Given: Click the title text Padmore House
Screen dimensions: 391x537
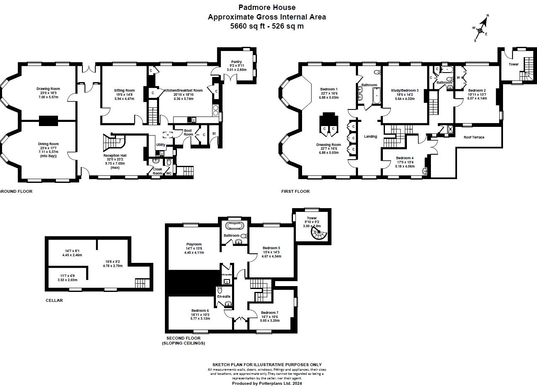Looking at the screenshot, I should [266, 7].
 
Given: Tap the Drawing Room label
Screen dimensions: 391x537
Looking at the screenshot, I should [48, 89].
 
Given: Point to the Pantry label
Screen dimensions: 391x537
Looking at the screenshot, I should [236, 62].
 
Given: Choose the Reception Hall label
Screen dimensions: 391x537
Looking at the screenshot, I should [114, 155].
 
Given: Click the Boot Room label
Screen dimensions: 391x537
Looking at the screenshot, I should [189, 132].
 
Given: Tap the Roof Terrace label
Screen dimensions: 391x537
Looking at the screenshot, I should [474, 137].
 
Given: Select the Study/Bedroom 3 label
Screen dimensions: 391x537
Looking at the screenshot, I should [404, 90].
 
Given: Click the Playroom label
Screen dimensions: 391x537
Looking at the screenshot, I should [194, 244].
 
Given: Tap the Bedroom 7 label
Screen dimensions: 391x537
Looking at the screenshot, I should [269, 313].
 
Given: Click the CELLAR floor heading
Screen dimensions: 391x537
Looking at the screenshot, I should [54, 300].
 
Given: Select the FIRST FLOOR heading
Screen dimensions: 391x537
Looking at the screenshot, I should [295, 192].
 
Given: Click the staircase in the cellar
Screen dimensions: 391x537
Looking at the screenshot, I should [141, 283].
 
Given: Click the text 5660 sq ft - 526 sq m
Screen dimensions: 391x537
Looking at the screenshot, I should [266, 26].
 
